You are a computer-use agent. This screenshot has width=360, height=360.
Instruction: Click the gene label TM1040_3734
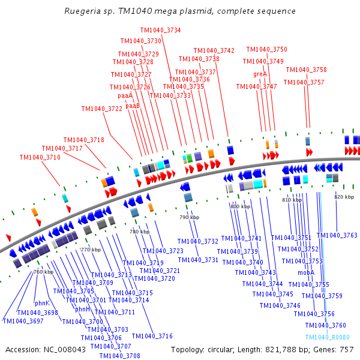click(160, 30)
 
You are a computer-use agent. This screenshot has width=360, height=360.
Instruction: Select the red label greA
click(260, 74)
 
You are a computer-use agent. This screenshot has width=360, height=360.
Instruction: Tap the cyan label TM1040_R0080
click(327, 338)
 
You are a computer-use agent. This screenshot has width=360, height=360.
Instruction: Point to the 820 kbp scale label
click(344, 197)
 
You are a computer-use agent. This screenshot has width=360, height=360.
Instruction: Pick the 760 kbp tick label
click(44, 272)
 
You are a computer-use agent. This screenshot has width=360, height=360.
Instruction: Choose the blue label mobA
click(306, 272)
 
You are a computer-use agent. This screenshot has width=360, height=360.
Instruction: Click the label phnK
click(42, 303)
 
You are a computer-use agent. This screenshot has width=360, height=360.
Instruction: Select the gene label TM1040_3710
click(40, 157)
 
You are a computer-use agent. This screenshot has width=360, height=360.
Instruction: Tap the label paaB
click(132, 106)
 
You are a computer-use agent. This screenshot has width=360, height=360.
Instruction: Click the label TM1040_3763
click(337, 235)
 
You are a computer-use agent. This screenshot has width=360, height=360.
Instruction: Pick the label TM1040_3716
click(152, 336)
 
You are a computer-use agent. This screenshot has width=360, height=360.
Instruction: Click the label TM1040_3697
click(23, 321)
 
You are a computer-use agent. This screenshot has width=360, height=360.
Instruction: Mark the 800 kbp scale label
click(239, 206)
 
